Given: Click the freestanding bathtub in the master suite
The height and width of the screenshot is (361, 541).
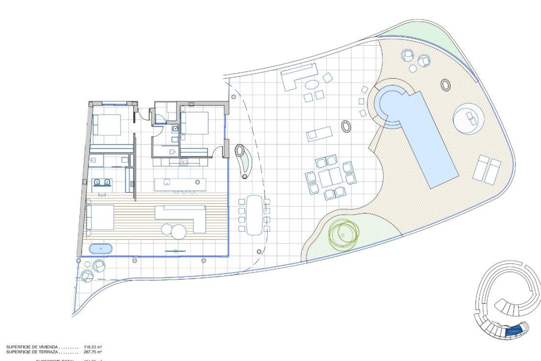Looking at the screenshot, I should [x=101, y=249].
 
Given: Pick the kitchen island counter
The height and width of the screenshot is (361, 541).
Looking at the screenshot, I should [x=180, y=184].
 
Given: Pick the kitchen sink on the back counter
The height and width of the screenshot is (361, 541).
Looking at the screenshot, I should [x=183, y=162].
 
